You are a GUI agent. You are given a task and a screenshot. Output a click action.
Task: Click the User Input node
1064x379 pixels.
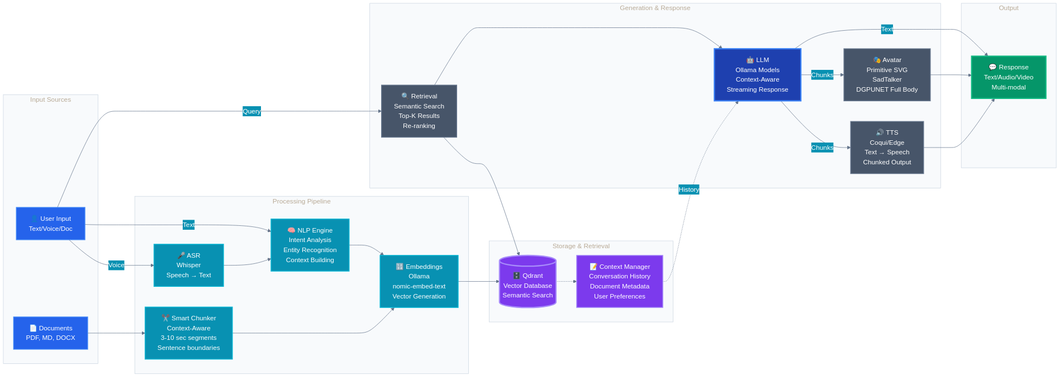(x=50, y=224)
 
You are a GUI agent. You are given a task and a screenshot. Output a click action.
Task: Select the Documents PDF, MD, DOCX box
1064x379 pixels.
(x=50, y=333)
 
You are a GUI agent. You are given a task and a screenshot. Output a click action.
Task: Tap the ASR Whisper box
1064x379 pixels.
(x=188, y=265)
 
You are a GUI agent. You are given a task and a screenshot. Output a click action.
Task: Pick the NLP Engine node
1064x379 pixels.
(x=310, y=245)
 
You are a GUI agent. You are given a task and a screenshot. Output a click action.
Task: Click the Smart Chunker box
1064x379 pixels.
(x=188, y=333)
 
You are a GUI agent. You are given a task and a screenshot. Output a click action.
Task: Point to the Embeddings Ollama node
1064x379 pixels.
(x=419, y=281)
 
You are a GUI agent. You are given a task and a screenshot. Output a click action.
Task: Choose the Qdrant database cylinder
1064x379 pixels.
(x=527, y=282)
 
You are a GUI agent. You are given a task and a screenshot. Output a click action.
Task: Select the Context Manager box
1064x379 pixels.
(x=619, y=281)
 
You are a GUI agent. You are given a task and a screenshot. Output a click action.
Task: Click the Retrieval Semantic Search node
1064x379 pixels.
(x=419, y=111)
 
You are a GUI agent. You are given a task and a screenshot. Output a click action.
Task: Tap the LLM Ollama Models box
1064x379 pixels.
(x=757, y=74)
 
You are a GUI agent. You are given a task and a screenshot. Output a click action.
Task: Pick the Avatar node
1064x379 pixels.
(x=886, y=74)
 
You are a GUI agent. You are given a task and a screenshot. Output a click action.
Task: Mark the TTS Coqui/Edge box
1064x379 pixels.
(x=886, y=147)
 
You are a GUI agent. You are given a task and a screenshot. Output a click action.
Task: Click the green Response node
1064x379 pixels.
(x=1008, y=77)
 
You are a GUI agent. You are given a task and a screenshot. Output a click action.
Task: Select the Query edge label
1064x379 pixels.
(x=251, y=111)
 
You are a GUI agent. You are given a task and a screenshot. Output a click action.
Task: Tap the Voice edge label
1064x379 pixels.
(x=116, y=265)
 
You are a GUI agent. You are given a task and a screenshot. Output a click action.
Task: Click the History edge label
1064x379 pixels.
(x=688, y=190)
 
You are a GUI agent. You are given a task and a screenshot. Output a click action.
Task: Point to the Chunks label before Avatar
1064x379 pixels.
(x=822, y=75)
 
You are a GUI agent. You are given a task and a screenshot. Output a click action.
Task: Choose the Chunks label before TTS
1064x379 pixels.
(x=822, y=148)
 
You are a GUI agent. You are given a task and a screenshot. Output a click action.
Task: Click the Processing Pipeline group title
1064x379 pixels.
(x=301, y=201)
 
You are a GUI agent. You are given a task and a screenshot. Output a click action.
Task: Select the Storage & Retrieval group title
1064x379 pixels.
(x=581, y=246)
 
